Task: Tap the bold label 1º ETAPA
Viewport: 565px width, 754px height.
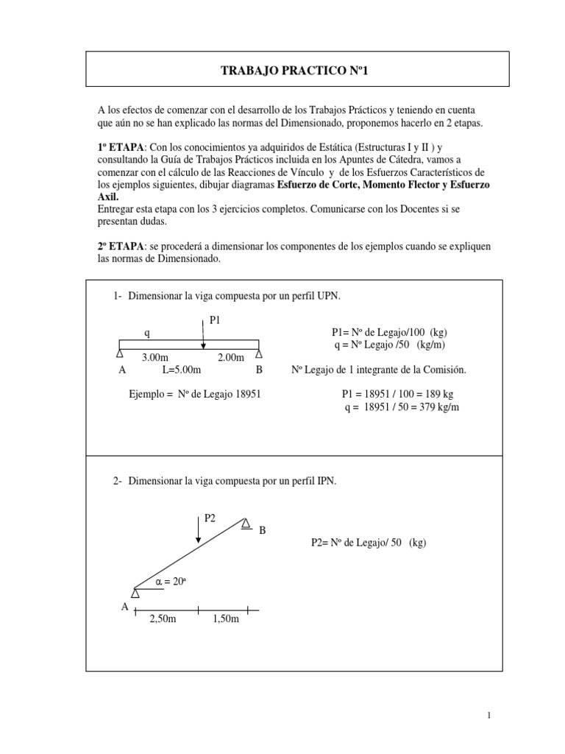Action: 122,147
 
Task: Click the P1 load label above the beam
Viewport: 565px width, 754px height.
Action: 215,320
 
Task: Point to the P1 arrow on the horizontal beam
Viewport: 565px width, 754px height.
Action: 203,332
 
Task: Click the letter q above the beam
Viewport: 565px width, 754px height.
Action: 147,332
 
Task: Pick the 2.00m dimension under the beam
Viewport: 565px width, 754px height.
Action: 231,356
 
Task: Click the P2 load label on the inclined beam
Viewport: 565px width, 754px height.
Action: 210,518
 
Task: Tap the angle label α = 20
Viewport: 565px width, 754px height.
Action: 174,581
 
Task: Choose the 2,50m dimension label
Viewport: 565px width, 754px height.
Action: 163,620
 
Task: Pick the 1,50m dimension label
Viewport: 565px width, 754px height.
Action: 226,620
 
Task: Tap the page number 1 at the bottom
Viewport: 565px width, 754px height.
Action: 488,715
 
